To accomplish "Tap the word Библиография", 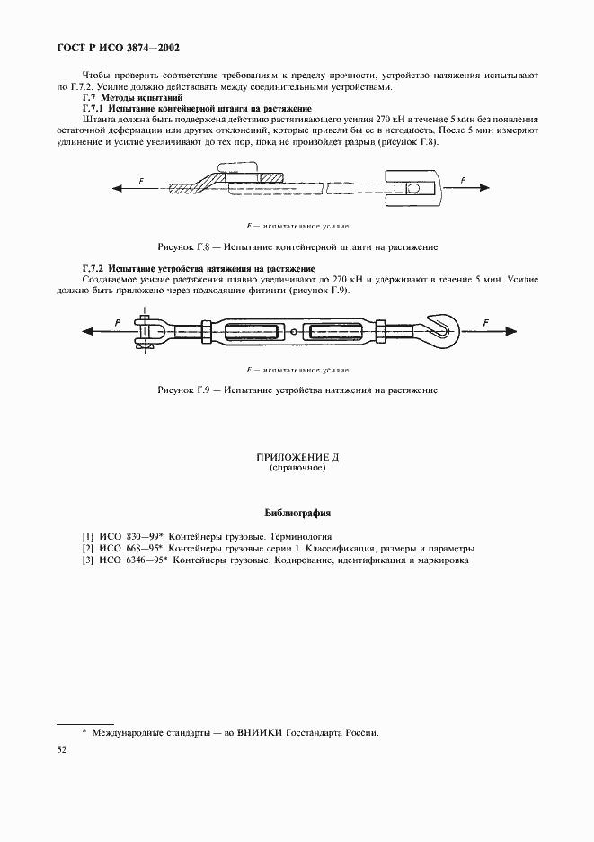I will (x=297, y=514).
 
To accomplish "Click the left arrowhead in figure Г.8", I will (x=118, y=187).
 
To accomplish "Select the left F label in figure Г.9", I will (x=117, y=322).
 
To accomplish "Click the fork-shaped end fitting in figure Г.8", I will (x=411, y=187).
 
